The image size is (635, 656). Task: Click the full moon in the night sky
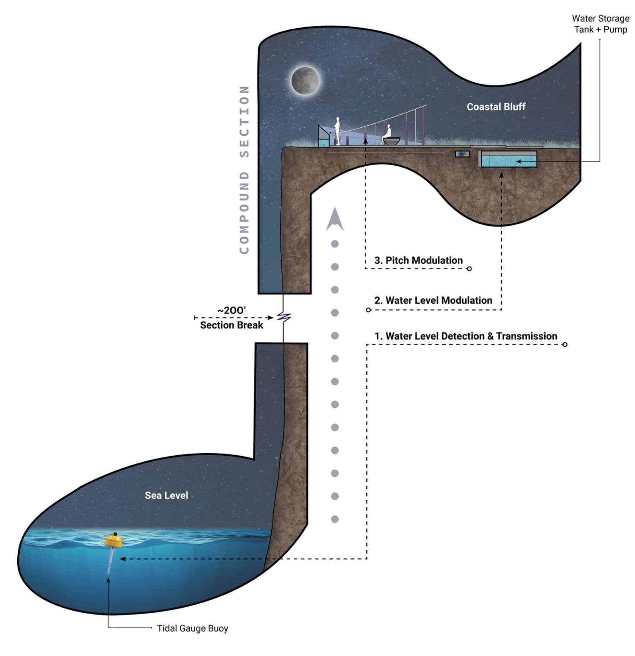[x=305, y=80]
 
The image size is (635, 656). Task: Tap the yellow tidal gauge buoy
[x=113, y=540]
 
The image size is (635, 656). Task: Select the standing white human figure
[x=337, y=131]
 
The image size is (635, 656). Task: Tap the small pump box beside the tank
[x=462, y=154]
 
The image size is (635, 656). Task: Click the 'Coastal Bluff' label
[x=496, y=107]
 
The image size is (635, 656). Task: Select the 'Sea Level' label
[x=166, y=495]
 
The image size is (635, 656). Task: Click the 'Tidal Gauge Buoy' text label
[x=192, y=628]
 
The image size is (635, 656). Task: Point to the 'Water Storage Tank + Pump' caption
[x=600, y=24]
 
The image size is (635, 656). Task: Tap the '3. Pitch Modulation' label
[x=418, y=260]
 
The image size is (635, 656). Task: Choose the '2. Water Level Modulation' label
[x=433, y=300]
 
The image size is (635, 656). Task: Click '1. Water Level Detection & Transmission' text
[x=466, y=336]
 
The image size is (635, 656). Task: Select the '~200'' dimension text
[x=232, y=310]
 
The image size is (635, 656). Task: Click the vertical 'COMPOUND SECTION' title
[x=244, y=170]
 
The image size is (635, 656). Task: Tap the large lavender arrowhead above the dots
[x=335, y=219]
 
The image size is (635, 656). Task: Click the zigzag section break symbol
[x=284, y=318]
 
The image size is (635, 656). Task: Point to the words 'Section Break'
[x=232, y=325]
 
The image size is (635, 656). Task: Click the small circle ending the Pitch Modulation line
[x=469, y=269]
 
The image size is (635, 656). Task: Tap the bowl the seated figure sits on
[x=391, y=141]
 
